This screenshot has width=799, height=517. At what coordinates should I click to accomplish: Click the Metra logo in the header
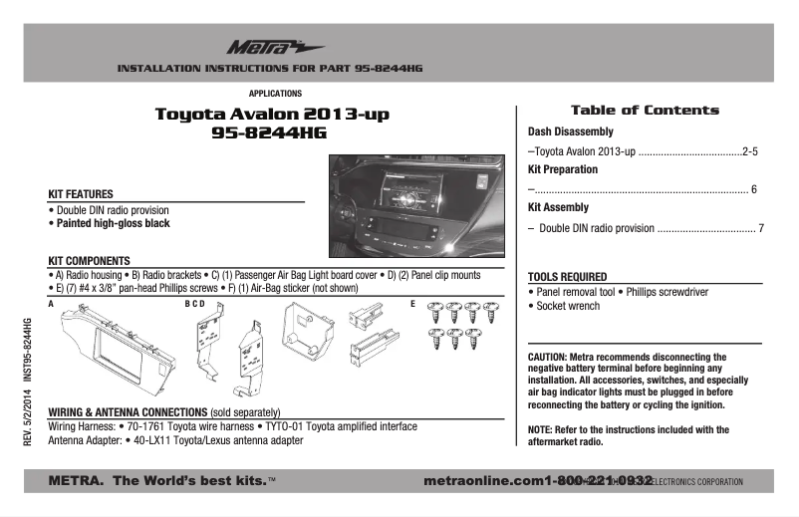[261, 47]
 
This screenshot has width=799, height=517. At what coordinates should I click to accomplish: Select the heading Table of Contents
[644, 111]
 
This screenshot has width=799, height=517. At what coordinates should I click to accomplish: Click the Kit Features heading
[81, 193]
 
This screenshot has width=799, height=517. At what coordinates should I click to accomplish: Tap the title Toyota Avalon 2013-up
[272, 114]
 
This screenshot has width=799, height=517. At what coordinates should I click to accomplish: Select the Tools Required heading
[567, 276]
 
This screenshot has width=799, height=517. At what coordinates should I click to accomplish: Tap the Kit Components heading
[90, 260]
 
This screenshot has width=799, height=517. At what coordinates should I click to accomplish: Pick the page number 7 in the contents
[760, 228]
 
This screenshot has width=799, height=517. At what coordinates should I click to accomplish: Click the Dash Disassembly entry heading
[570, 131]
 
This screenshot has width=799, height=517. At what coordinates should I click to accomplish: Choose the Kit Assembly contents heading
[558, 207]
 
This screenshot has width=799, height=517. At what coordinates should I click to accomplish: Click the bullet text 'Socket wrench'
[567, 306]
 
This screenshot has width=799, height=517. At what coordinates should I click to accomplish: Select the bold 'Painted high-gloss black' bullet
[112, 224]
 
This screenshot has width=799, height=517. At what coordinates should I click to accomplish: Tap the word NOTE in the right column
[540, 429]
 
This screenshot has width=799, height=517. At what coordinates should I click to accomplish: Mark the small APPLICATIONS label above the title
[275, 93]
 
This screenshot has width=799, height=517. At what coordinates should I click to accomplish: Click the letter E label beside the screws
[412, 302]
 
